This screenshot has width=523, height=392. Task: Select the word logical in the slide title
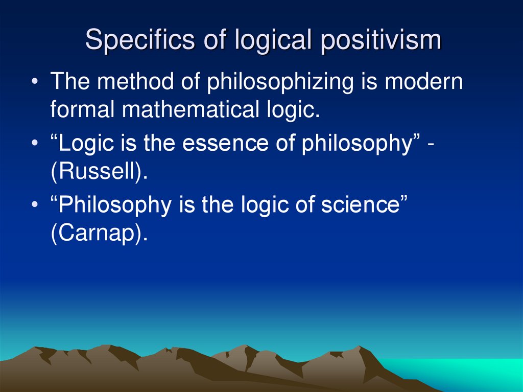pyautogui.click(x=271, y=40)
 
